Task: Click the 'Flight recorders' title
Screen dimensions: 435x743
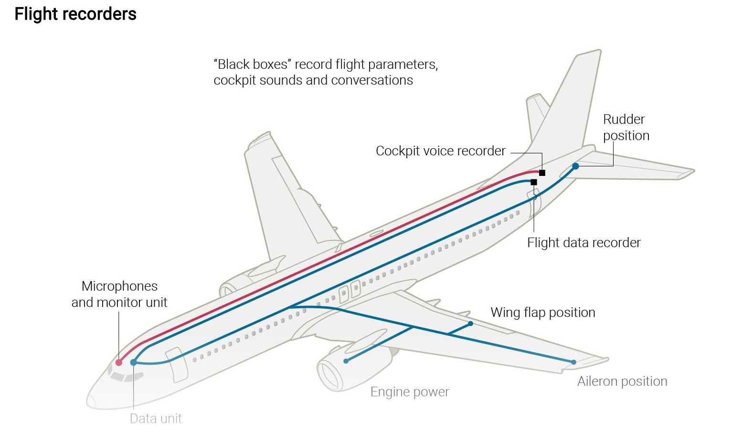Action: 75,14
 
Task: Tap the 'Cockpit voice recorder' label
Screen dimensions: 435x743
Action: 440,151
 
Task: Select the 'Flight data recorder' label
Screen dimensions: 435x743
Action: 584,243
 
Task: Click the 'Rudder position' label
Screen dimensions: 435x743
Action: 626,128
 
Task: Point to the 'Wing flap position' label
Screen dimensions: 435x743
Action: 543,313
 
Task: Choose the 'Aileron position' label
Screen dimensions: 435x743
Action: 622,381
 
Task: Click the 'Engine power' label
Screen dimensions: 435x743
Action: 410,392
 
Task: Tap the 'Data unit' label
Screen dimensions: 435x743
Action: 156,419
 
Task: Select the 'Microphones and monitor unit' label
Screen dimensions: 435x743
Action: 119,294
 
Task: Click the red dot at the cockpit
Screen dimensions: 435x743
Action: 119,363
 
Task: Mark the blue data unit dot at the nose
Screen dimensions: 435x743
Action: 134,362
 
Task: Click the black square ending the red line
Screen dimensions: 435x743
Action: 542,173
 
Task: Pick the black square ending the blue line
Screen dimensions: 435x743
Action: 534,182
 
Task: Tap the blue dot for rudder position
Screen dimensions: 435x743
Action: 575,166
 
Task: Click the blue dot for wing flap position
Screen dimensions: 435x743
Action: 470,324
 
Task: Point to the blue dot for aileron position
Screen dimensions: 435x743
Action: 573,362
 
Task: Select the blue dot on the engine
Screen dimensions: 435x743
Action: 346,361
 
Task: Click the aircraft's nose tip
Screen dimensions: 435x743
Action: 88,401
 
